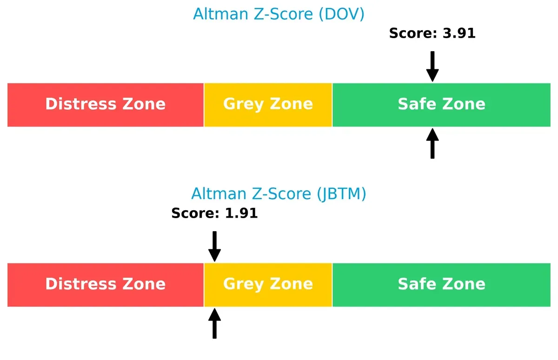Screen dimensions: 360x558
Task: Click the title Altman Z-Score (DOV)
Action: (279, 14)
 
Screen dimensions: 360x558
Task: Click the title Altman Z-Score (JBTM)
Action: (279, 193)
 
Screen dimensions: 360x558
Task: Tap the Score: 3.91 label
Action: (432, 33)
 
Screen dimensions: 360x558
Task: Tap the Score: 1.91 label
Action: (214, 213)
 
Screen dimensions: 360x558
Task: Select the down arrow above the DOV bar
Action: (432, 67)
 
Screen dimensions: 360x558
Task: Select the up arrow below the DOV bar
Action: (432, 143)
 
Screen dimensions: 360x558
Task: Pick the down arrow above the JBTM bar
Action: (214, 247)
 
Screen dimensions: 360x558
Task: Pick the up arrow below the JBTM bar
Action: (214, 323)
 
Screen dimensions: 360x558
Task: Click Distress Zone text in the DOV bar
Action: (105, 104)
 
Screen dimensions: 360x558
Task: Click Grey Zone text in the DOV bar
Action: (268, 104)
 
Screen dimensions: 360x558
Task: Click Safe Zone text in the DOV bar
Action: (441, 104)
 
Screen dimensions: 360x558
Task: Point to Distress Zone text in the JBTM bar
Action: (105, 284)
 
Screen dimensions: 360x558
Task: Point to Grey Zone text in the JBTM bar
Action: (268, 284)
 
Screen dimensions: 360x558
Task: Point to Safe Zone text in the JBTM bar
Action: (441, 284)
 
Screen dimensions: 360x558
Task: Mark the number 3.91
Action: (459, 33)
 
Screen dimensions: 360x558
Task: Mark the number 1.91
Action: (241, 213)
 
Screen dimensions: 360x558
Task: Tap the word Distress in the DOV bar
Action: (79, 104)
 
